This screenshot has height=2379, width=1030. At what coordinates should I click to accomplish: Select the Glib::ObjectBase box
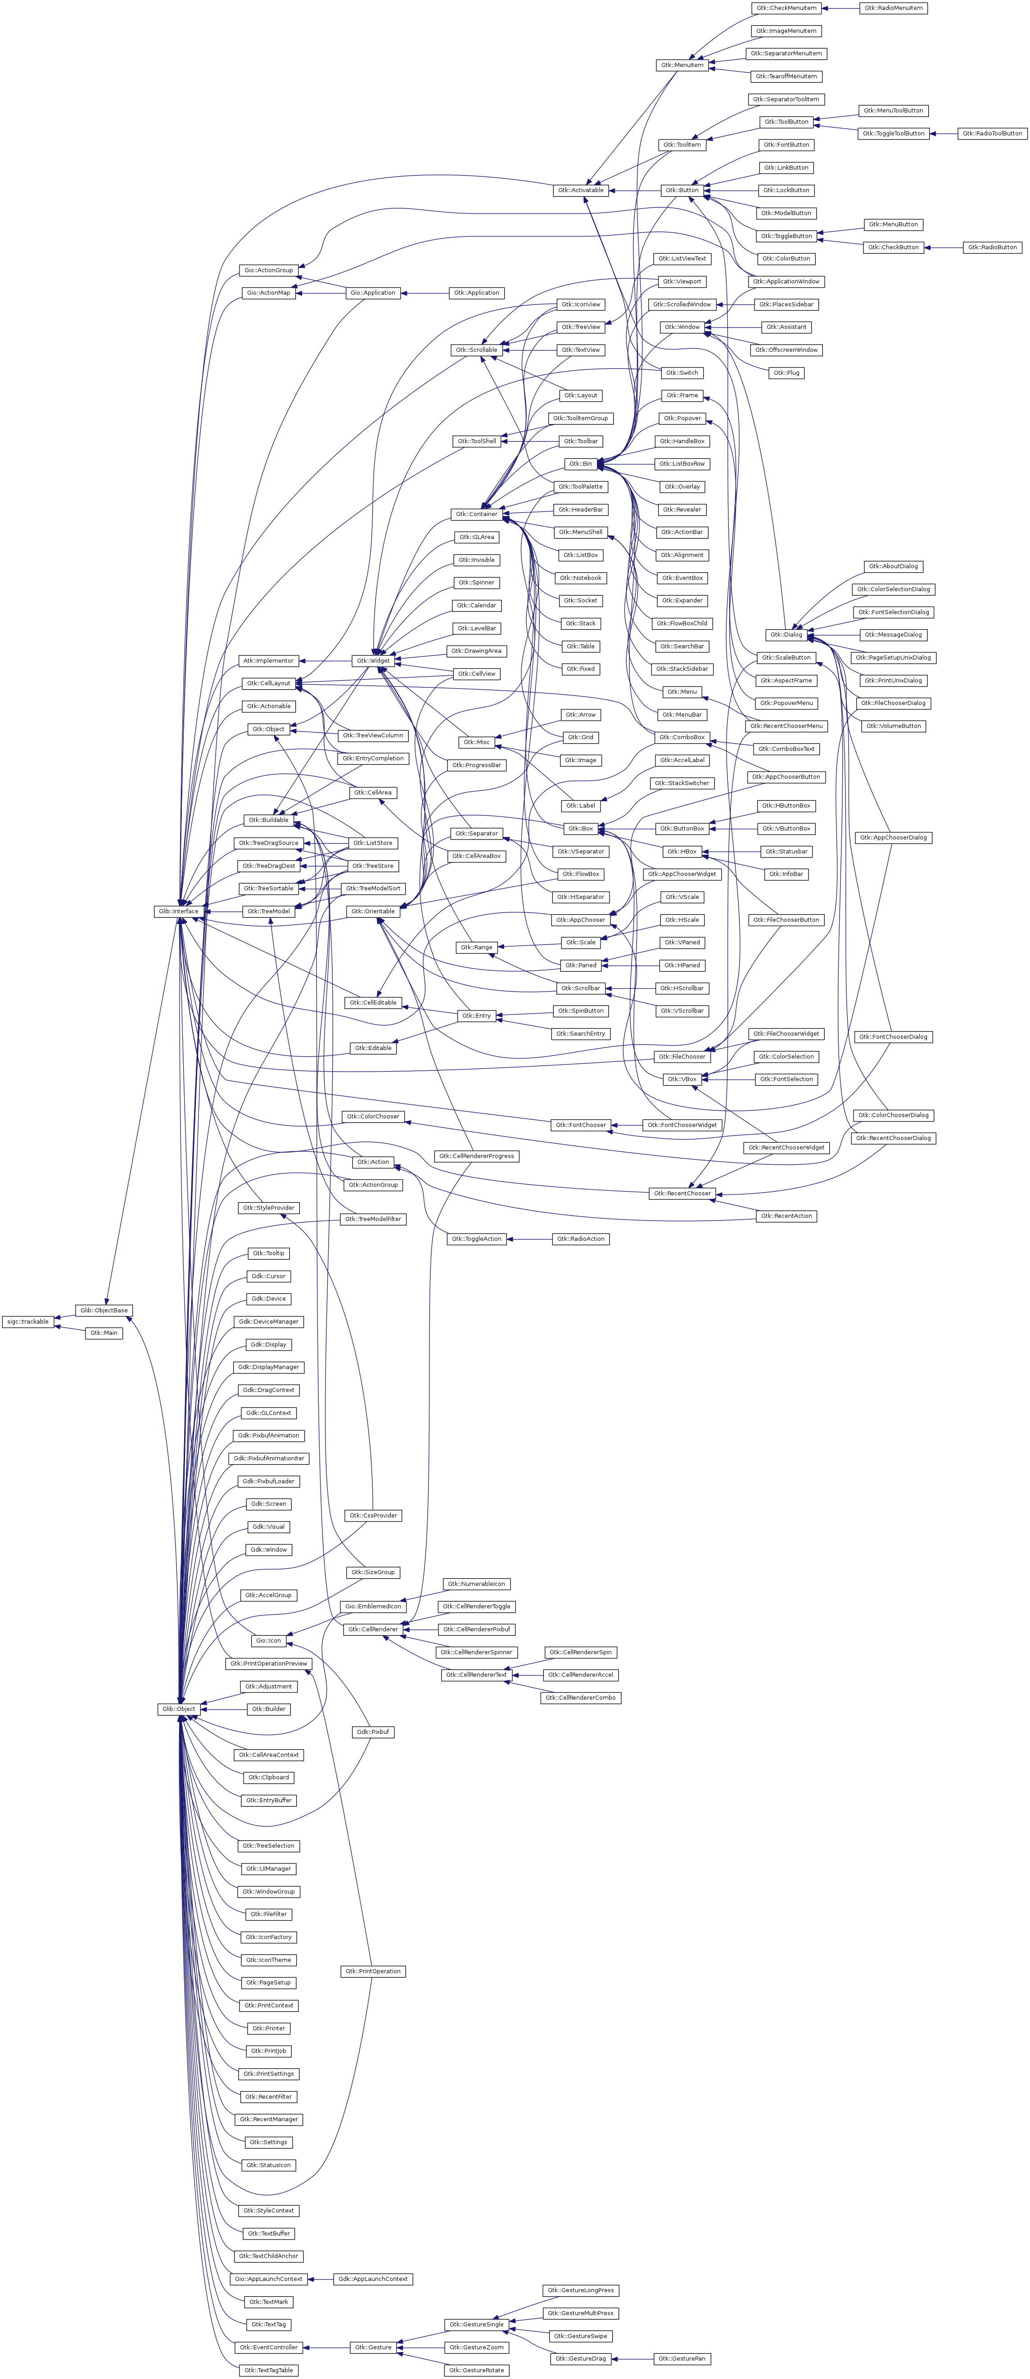[x=104, y=1310]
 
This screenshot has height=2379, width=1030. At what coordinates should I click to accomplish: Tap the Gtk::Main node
[x=104, y=1333]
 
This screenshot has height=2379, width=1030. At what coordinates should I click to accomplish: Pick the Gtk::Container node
[x=477, y=513]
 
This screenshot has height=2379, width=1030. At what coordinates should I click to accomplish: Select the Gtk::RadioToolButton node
[x=992, y=133]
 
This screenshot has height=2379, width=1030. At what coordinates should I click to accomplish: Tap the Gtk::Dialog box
[x=786, y=634]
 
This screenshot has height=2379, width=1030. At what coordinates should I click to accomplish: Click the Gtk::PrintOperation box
[x=373, y=1971]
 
